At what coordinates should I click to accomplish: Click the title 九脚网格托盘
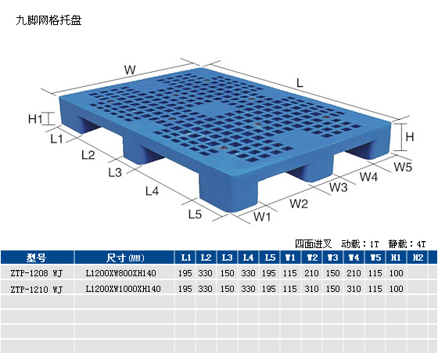tap(48, 20)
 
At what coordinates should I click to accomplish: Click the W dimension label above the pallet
tap(130, 70)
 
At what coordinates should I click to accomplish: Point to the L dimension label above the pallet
tap(300, 83)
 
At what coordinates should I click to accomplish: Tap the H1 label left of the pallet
tap(35, 119)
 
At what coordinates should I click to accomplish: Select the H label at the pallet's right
tap(410, 137)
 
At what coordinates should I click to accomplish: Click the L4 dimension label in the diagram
tap(153, 191)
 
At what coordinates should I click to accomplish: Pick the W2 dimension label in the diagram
tap(299, 203)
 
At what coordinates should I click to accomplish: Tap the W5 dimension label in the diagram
tap(403, 167)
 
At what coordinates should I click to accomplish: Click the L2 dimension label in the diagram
tap(88, 155)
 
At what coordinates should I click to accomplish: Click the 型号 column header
tap(36, 257)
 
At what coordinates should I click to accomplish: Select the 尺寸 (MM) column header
tap(125, 257)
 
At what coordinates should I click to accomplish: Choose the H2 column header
tap(418, 257)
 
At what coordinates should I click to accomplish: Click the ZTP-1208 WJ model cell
tap(37, 273)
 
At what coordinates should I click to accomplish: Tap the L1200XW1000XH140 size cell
tap(124, 289)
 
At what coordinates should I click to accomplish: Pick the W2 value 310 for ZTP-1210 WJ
tap(312, 289)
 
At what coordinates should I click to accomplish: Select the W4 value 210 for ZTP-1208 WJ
tap(354, 273)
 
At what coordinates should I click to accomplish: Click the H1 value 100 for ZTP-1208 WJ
tap(397, 273)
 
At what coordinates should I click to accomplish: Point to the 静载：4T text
tap(407, 244)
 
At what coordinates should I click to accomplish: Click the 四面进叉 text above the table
tap(313, 244)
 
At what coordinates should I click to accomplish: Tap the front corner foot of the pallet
tap(228, 193)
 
